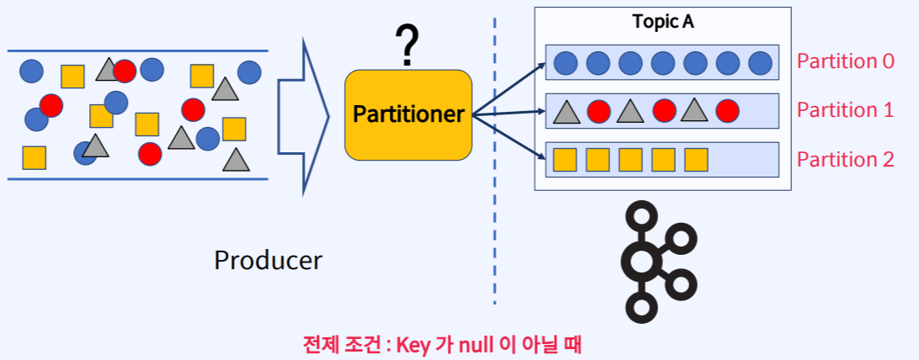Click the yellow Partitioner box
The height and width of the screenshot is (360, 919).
click(408, 114)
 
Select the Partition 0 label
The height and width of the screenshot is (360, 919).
click(845, 61)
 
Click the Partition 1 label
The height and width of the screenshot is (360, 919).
click(845, 110)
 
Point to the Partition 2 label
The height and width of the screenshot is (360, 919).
click(845, 159)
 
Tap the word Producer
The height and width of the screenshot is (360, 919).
click(268, 260)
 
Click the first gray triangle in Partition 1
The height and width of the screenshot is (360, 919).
click(566, 110)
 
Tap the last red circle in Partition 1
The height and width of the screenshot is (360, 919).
click(727, 110)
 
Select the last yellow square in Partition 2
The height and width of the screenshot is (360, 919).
click(696, 159)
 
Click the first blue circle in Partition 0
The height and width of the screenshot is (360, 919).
click(566, 62)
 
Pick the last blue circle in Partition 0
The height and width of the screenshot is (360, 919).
click(760, 62)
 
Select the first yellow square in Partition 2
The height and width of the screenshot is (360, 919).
click(565, 159)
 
